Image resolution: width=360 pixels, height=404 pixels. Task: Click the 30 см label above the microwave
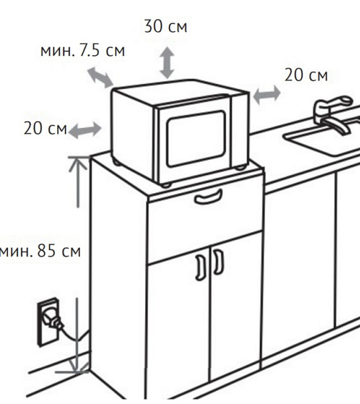click(x=166, y=26)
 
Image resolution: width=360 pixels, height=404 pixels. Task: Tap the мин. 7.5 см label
click(x=83, y=50)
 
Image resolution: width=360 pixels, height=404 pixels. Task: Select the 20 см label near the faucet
click(x=306, y=75)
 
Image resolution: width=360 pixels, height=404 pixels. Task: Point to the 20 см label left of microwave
click(x=45, y=128)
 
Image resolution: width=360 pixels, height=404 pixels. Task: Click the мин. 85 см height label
click(x=40, y=250)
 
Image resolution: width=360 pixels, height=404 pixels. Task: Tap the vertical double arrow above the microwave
click(x=167, y=62)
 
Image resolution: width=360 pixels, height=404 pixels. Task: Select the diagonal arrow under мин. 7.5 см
click(x=100, y=77)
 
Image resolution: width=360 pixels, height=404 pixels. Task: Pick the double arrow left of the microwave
click(x=85, y=130)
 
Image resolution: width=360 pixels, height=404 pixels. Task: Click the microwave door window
click(x=196, y=139)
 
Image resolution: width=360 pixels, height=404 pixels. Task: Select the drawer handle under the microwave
click(x=209, y=197)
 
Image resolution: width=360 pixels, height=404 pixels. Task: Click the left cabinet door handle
click(x=200, y=267)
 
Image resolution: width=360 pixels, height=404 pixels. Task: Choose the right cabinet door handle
click(x=218, y=262)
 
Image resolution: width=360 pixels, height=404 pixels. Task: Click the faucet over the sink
click(x=333, y=113)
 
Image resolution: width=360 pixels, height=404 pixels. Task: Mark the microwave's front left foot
click(x=166, y=185)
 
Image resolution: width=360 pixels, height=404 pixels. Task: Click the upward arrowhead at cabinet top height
click(x=78, y=163)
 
